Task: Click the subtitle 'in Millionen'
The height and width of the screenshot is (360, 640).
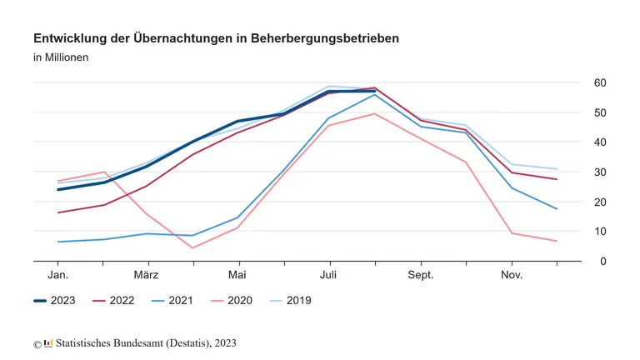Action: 61,57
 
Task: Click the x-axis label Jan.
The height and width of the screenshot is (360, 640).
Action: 57,275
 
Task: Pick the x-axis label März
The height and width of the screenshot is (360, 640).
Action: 147,275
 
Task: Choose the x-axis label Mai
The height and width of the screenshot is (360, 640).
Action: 237,275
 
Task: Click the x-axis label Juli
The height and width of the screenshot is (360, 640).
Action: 328,275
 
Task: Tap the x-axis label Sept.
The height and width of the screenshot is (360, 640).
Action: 420,275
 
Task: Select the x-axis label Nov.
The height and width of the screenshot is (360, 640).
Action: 511,275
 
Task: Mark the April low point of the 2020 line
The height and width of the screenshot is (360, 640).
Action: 192,247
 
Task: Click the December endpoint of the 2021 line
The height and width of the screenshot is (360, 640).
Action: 557,209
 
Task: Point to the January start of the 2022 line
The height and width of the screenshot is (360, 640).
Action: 57,212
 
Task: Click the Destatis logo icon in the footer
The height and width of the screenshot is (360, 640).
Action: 48,343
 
